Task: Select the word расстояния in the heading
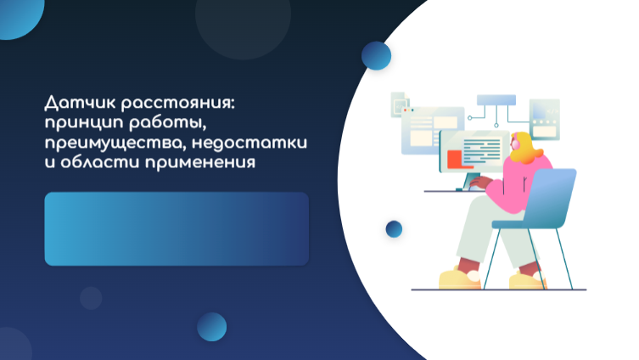tap(178, 104)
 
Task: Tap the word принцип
tap(84, 123)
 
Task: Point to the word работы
tap(167, 123)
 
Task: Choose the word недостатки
tap(249, 143)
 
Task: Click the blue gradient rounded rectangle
tap(177, 228)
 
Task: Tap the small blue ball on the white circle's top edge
tap(376, 55)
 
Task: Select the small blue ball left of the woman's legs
tap(394, 228)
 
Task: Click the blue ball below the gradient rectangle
tap(212, 327)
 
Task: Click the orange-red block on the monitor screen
tap(457, 159)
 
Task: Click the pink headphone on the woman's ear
tap(515, 143)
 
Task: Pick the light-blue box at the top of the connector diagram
tap(496, 100)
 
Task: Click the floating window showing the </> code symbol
tap(545, 119)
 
